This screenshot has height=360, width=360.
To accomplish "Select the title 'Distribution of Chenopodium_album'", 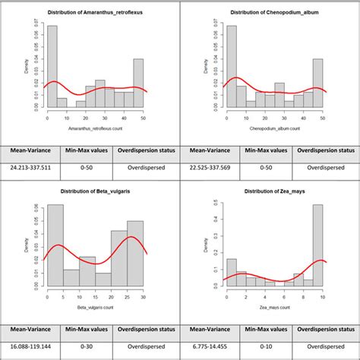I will pyautogui.click(x=270, y=14).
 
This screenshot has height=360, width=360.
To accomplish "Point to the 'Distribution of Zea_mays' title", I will pyautogui.click(x=270, y=192).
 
